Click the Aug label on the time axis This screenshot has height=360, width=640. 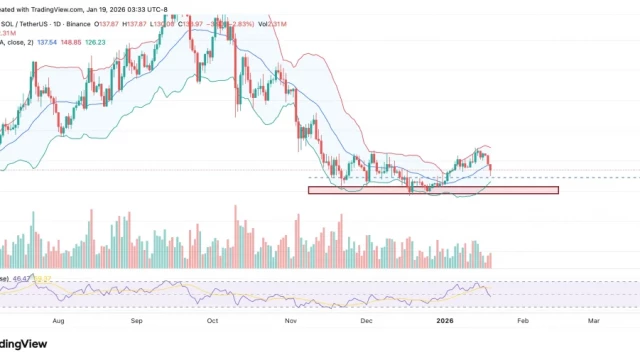point(58,322)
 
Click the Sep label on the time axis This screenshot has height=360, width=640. point(137,322)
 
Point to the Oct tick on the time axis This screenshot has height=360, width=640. point(212,322)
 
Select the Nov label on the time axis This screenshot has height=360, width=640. point(291,322)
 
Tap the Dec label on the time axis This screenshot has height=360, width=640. point(366,322)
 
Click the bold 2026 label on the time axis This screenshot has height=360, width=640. point(445,322)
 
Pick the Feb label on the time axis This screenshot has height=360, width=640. point(523,322)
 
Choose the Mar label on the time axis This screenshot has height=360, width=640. point(594,322)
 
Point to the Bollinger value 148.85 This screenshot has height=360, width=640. point(75,42)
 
